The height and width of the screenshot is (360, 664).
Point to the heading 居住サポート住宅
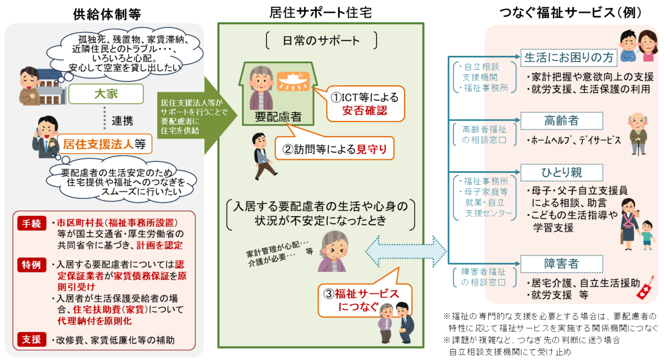pos(321,12)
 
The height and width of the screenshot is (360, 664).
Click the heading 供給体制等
pos(107,14)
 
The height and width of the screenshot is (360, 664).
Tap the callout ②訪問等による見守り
pos(335,150)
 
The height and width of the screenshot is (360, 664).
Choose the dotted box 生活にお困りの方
pos(562,57)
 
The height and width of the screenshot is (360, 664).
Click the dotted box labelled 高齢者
pos(562,121)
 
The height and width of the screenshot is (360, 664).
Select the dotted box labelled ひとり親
pos(562,172)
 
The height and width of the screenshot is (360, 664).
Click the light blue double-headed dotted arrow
pos(406,252)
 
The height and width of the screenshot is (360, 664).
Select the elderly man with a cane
pos(637,133)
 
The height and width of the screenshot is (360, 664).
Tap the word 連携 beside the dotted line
pos(123,121)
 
